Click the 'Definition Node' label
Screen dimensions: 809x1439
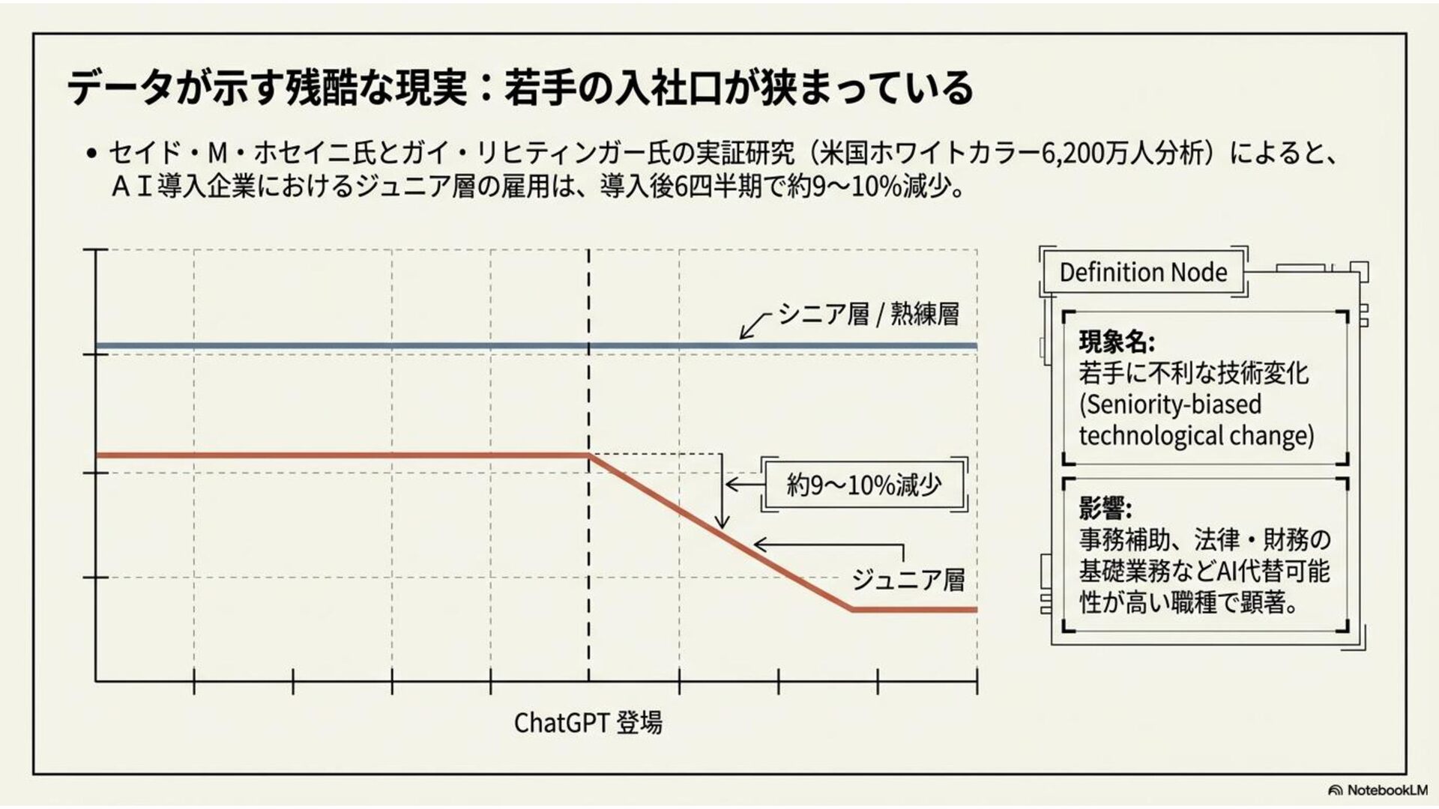(1143, 272)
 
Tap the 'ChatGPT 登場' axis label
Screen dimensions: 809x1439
(588, 723)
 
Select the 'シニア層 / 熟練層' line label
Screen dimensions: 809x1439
(868, 314)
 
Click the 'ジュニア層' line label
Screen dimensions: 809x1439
(908, 579)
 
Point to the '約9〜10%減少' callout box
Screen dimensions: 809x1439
(863, 485)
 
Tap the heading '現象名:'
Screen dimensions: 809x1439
(1117, 342)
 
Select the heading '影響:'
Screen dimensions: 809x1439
(1105, 508)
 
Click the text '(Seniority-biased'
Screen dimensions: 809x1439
(1170, 404)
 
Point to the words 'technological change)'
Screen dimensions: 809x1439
(1196, 435)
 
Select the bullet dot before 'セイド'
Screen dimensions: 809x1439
(91, 154)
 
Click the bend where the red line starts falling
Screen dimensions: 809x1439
(589, 455)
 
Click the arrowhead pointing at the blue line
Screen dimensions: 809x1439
(743, 335)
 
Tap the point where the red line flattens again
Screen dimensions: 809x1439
(853, 609)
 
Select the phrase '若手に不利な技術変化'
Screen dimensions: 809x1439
(1193, 373)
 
